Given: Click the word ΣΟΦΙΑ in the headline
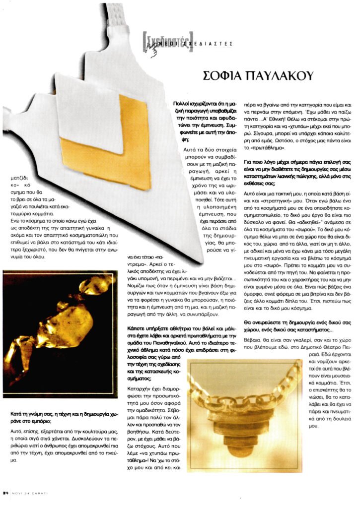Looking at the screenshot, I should tap(223, 76).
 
